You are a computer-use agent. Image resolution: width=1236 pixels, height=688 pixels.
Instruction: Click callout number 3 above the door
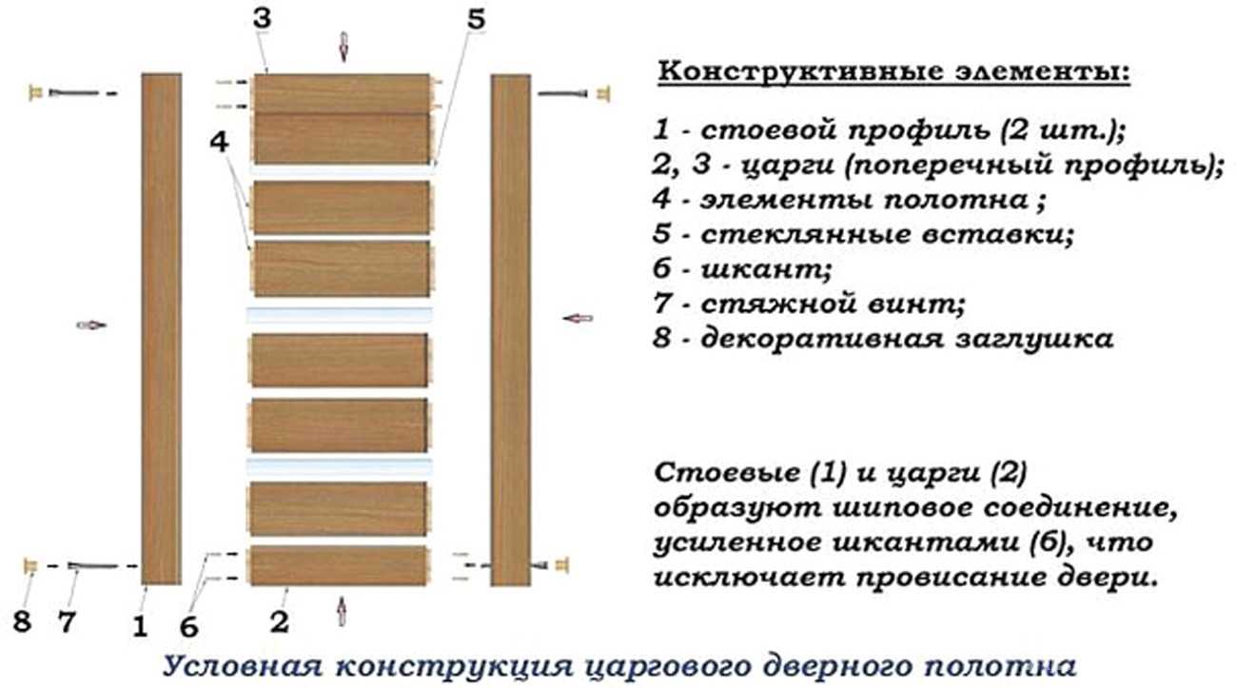[x=263, y=19]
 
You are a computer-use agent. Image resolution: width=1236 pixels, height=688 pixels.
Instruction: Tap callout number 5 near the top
[x=476, y=20]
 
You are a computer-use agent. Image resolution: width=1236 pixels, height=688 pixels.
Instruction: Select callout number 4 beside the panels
[x=219, y=143]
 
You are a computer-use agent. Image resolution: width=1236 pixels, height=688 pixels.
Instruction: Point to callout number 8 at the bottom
[x=22, y=621]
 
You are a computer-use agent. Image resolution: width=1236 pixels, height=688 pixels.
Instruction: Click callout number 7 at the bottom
[x=67, y=622]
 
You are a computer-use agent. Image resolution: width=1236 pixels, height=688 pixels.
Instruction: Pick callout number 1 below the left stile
[x=140, y=627]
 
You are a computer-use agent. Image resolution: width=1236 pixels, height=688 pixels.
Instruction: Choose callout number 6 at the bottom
[x=188, y=627]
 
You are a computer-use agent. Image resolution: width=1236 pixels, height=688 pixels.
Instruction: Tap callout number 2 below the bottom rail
[x=280, y=622]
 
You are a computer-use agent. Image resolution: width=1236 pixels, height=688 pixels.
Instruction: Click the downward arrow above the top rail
[x=343, y=47]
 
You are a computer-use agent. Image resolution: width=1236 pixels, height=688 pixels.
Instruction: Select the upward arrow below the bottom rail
[x=343, y=611]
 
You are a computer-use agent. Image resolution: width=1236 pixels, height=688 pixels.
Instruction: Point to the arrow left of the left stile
[x=91, y=324]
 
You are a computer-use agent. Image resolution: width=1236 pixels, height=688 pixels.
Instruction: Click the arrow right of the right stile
[x=578, y=319]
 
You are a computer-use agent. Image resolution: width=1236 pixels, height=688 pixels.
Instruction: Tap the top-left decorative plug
[x=35, y=92]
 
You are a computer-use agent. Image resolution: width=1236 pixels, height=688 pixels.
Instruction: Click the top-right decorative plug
[x=603, y=94]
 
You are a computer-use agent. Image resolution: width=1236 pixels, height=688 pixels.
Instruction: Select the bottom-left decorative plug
[x=30, y=566]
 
